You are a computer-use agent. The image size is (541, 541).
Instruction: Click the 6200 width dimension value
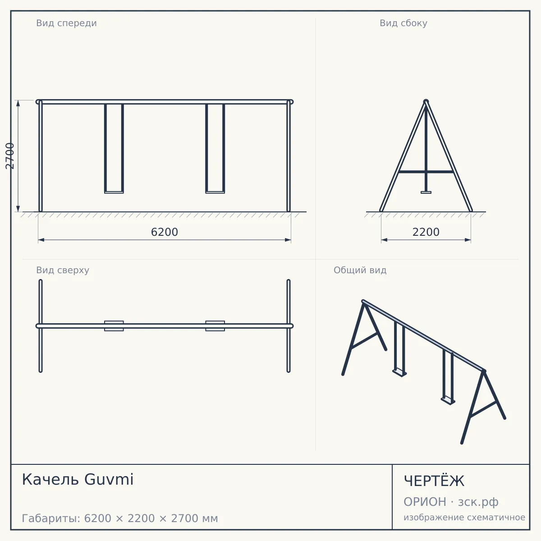click(164, 232)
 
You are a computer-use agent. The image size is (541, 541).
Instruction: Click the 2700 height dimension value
click(10, 156)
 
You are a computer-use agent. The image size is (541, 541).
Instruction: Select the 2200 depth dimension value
click(426, 232)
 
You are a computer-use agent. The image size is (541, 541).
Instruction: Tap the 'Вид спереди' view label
click(66, 23)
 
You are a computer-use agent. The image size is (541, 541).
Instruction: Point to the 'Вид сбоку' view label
click(403, 23)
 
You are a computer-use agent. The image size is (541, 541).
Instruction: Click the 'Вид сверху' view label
click(63, 270)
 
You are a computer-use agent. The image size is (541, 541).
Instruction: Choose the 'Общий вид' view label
click(360, 270)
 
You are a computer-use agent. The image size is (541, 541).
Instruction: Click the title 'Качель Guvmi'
click(78, 479)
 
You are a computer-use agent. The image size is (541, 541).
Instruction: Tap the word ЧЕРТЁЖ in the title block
click(434, 481)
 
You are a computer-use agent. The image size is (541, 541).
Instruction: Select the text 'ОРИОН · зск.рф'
click(451, 502)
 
